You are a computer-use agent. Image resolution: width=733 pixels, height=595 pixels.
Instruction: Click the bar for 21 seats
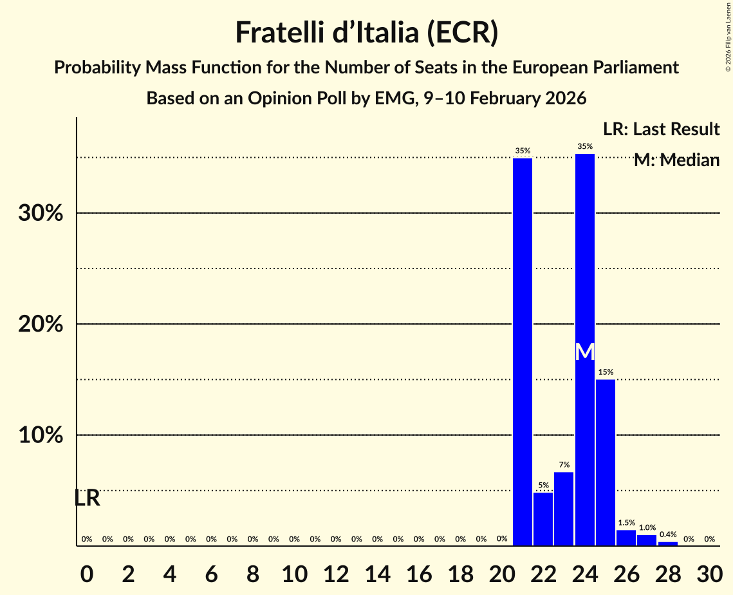pyautogui.click(x=523, y=352)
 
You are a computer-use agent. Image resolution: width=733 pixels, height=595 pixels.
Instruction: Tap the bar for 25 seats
pyautogui.click(x=606, y=462)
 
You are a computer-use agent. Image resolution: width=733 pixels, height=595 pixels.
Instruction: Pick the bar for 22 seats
pyautogui.click(x=543, y=519)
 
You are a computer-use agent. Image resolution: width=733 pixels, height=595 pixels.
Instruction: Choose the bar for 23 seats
pyautogui.click(x=564, y=509)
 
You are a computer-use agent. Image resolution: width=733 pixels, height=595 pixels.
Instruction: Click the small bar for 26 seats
pyautogui.click(x=626, y=538)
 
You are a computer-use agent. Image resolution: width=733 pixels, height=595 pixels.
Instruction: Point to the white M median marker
pyautogui.click(x=584, y=352)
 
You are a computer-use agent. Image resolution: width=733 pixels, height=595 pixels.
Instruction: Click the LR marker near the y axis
pyautogui.click(x=87, y=498)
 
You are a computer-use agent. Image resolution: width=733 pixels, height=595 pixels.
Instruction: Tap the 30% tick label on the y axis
pyautogui.click(x=41, y=213)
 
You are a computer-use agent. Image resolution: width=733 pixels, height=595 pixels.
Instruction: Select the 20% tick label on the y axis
pyautogui.click(x=41, y=325)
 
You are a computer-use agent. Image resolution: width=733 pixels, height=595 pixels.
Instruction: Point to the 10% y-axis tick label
pyautogui.click(x=41, y=435)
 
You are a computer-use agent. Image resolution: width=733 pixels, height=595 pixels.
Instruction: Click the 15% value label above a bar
pyautogui.click(x=606, y=372)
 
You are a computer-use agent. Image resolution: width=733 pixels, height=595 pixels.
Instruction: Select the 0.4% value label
pyautogui.click(x=668, y=534)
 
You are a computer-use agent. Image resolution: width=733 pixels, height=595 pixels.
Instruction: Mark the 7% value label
pyautogui.click(x=564, y=465)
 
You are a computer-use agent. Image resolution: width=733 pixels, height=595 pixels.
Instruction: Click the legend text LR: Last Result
pyautogui.click(x=661, y=129)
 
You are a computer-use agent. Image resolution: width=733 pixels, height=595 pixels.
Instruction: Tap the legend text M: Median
pyautogui.click(x=676, y=160)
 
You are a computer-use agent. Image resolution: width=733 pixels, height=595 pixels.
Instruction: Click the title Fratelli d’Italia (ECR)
pyautogui.click(x=366, y=32)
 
